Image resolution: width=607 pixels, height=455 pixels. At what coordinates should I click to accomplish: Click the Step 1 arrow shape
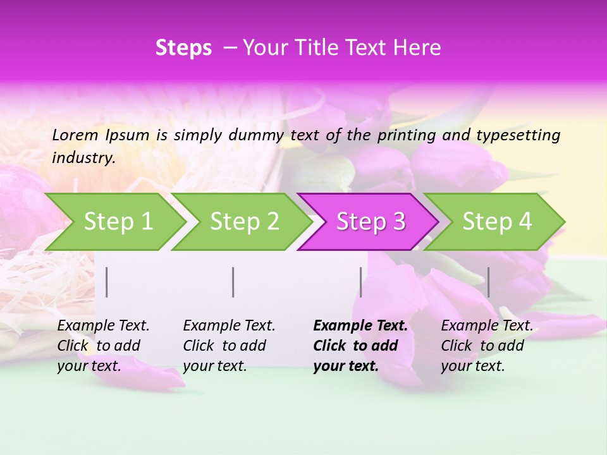[x=118, y=222]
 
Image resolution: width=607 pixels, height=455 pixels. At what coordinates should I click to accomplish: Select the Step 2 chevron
[x=244, y=222]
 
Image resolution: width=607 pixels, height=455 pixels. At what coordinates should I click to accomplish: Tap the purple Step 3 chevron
[x=371, y=222]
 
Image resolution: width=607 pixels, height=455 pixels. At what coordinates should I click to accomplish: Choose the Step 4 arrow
[x=497, y=222]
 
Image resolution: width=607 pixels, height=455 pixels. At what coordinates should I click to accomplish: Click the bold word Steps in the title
[x=183, y=48]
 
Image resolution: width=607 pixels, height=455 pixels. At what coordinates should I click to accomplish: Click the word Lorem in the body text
[x=75, y=135]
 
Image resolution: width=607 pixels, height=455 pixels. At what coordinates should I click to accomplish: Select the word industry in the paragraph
[x=83, y=157]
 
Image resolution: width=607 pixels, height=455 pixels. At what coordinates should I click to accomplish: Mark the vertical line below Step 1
[x=107, y=282]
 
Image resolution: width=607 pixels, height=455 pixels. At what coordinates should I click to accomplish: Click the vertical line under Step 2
[x=233, y=282]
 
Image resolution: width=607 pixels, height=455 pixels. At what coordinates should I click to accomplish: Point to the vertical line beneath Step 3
[x=361, y=282]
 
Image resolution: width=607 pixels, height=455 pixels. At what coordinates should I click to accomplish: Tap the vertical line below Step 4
[x=489, y=282]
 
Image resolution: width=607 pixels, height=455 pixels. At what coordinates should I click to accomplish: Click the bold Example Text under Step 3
[x=360, y=326]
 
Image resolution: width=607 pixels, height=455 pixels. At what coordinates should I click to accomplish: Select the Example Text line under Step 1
[x=103, y=326]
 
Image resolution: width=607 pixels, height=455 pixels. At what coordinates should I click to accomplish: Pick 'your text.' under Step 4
[x=472, y=367]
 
